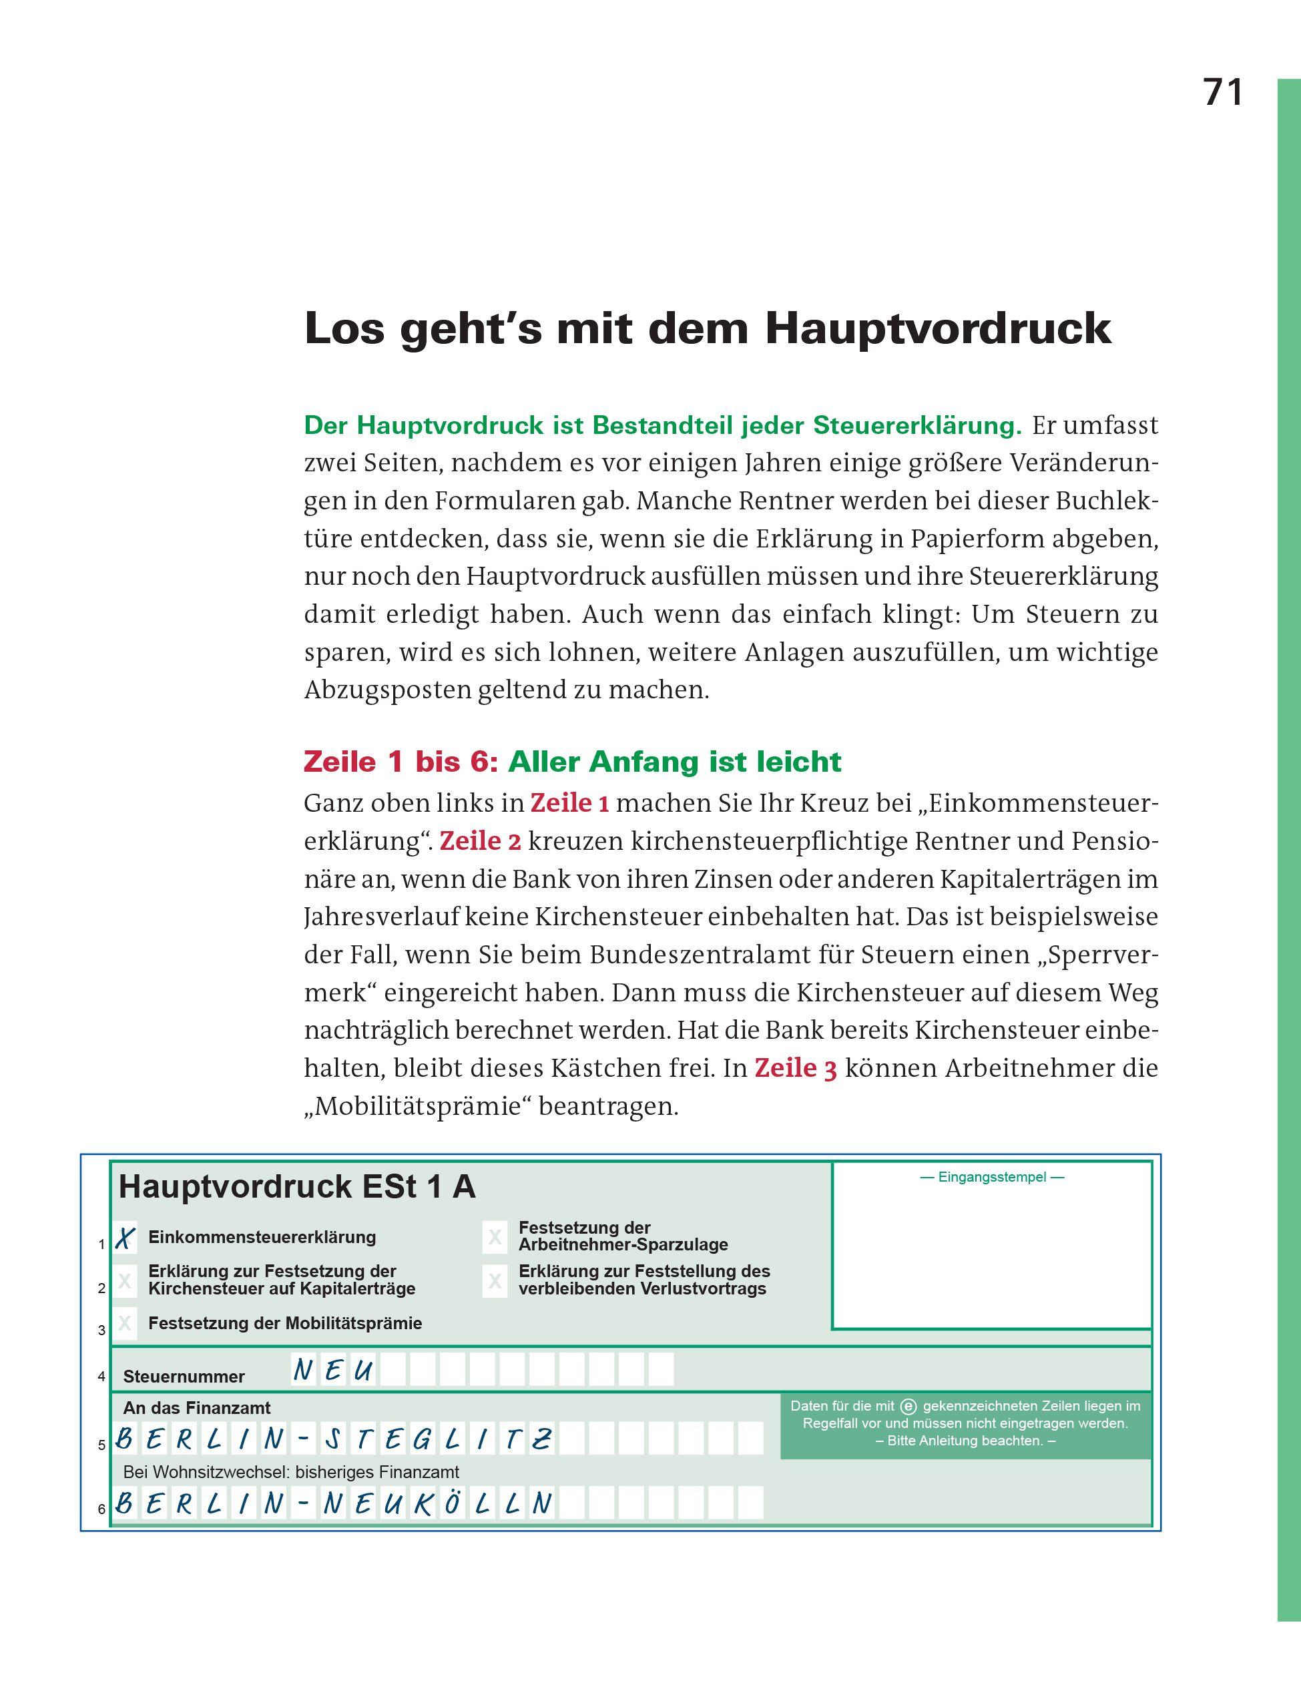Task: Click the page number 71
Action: point(1223,92)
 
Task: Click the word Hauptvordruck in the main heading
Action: point(938,328)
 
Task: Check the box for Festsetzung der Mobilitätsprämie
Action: point(125,1323)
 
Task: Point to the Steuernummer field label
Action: point(184,1377)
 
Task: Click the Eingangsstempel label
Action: point(991,1178)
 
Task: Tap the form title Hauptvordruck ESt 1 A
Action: point(296,1187)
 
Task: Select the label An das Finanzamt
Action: point(197,1408)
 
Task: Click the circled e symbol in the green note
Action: point(909,1406)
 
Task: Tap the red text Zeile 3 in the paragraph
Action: point(795,1069)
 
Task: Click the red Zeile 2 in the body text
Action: point(480,842)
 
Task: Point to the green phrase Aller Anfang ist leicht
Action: point(674,762)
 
